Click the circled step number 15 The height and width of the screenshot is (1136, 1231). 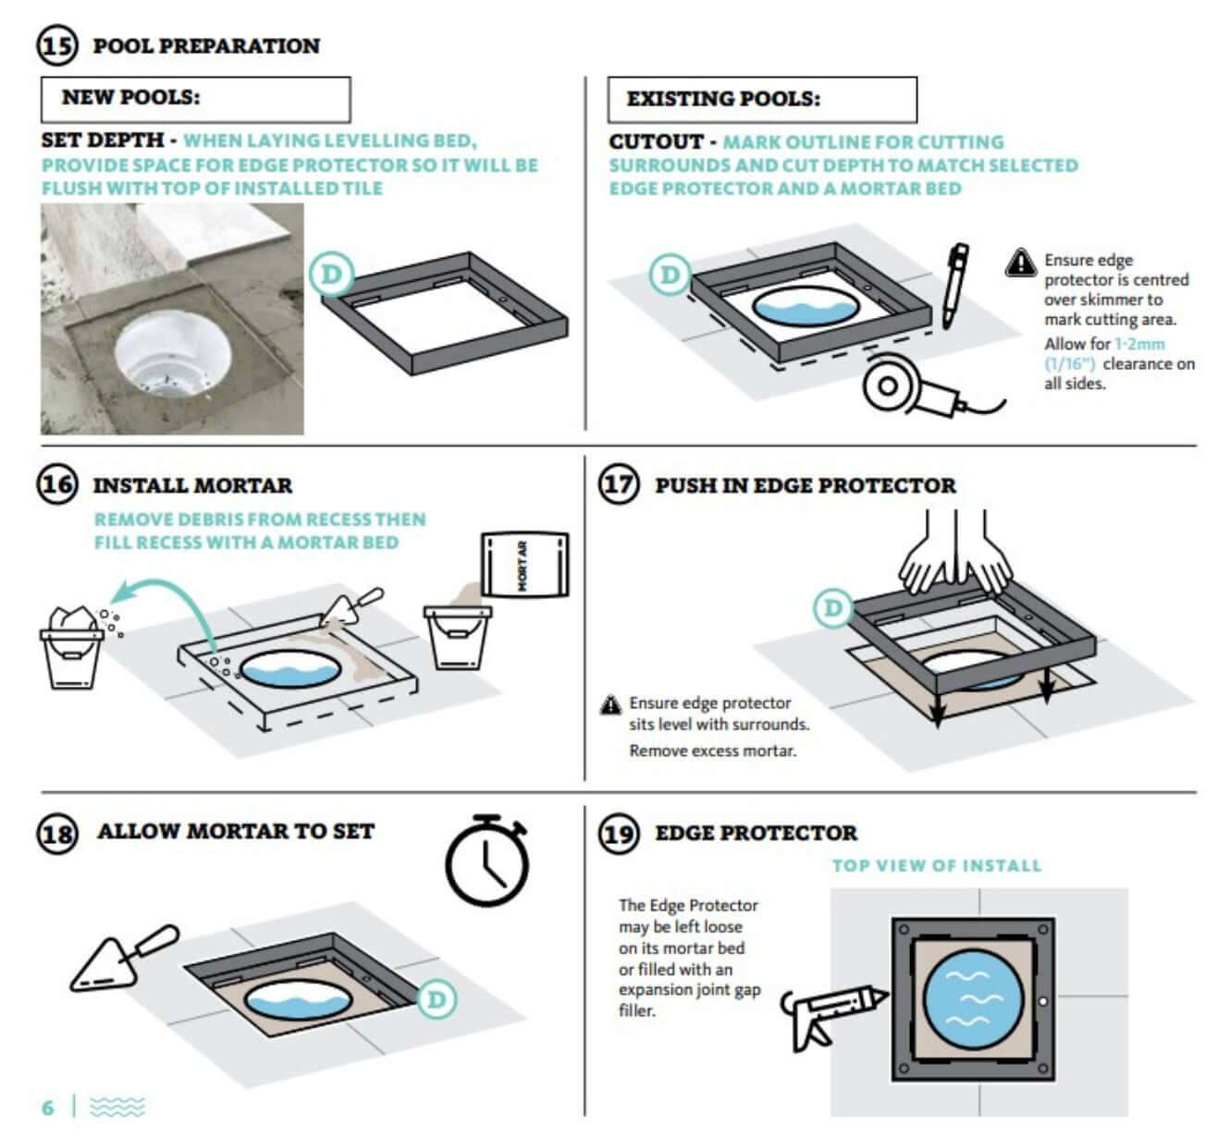(x=57, y=45)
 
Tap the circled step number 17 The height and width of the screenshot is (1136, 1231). (x=619, y=484)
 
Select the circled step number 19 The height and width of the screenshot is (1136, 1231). (x=619, y=833)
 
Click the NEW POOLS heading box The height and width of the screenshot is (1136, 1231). (x=195, y=99)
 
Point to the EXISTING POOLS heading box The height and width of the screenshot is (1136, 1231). (x=761, y=99)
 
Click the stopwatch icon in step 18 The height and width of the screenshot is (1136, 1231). (x=487, y=861)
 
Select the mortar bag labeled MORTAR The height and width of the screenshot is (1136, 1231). (x=524, y=564)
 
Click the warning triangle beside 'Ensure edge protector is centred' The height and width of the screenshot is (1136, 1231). (x=1020, y=263)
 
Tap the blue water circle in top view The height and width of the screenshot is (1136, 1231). (x=972, y=999)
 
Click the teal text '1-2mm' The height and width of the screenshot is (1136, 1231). (x=1139, y=344)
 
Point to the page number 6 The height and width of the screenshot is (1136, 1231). (x=48, y=1106)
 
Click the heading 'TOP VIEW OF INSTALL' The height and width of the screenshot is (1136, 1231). (x=936, y=866)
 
